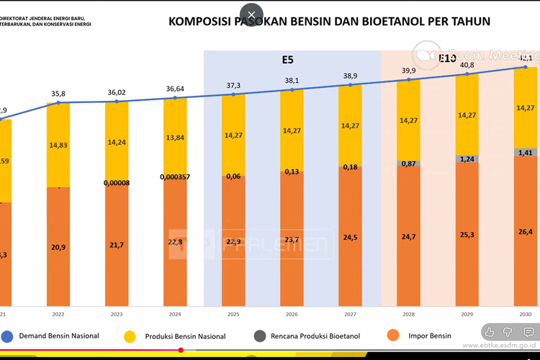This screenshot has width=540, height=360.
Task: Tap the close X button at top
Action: tap(251, 14)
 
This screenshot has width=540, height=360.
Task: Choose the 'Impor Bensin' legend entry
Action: tap(428, 336)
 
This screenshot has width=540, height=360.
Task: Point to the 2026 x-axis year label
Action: tap(292, 315)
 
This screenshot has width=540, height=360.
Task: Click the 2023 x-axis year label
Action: tap(116, 315)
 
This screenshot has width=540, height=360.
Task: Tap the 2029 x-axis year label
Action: tap(467, 315)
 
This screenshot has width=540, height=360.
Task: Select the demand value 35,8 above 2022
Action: tap(58, 94)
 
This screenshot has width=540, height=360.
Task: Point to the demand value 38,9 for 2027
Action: tap(350, 76)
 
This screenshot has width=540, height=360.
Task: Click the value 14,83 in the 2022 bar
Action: tap(58, 145)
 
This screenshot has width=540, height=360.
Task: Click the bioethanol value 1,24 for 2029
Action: tap(467, 158)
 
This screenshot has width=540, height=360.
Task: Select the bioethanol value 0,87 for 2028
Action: tap(408, 163)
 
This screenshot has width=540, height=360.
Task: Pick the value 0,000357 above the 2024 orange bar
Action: tap(174, 176)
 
